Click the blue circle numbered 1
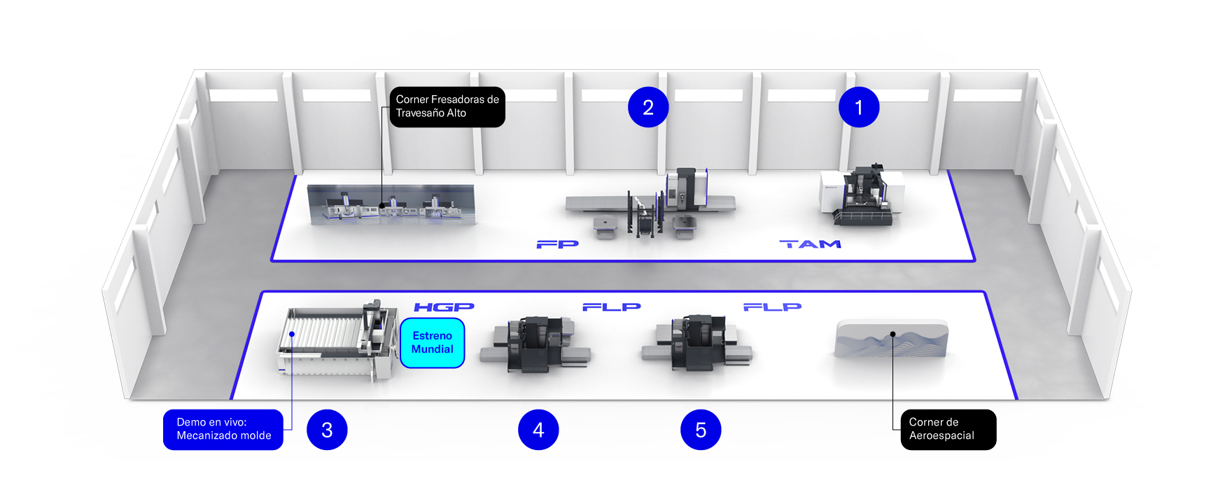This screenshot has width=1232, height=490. point(859,107)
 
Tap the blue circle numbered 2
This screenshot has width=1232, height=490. point(648,107)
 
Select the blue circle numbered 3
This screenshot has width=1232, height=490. point(327,430)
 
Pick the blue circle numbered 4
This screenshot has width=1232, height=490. point(538,430)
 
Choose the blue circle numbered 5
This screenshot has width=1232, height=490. point(701,430)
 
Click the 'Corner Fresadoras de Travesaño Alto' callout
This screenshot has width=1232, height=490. point(447,106)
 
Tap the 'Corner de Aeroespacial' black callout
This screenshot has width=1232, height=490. point(948,429)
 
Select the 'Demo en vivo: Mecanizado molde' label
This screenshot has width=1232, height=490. point(223,429)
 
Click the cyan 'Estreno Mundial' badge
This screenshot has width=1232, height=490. point(433,342)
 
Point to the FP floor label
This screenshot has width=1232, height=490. point(558,244)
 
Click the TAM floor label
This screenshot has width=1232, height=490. point(811,244)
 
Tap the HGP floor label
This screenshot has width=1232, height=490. point(444,307)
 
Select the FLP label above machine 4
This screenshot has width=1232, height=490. point(612,307)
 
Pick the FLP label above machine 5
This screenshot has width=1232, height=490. point(772,307)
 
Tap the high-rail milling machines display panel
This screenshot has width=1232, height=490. point(391,204)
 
